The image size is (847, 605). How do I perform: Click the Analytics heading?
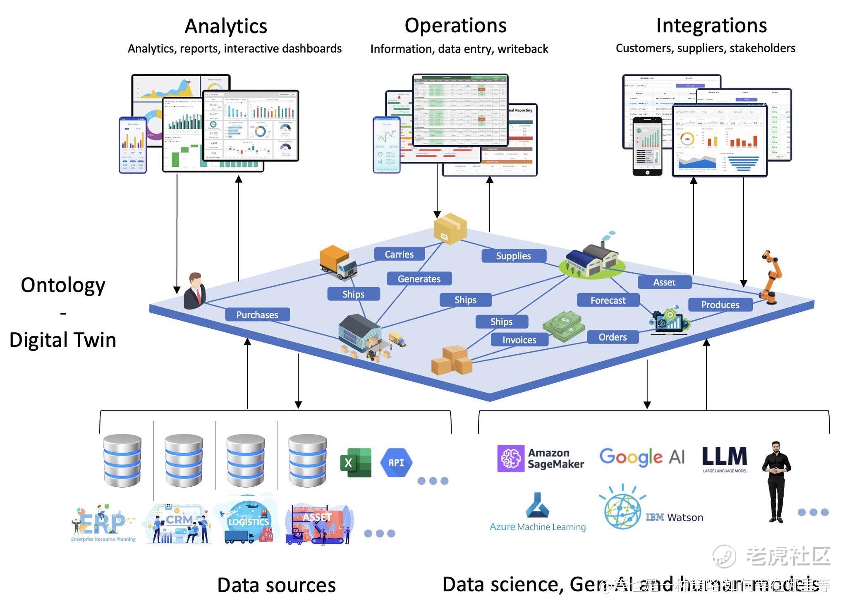coord(226,26)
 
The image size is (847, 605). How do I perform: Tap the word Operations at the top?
coord(455,26)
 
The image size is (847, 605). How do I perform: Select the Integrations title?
coord(711,26)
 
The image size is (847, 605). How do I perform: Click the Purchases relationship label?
coord(257,315)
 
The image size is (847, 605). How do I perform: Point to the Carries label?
coord(399,254)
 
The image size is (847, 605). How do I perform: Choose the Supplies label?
coord(513,256)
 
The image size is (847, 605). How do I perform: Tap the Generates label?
coord(419,279)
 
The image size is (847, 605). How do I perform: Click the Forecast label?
coord(608,300)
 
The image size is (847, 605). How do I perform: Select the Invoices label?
coord(519,340)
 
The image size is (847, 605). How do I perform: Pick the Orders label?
coord(613,337)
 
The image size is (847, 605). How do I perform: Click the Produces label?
coord(720,305)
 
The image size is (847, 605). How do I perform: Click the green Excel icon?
coord(355,462)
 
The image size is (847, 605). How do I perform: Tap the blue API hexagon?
coord(396,462)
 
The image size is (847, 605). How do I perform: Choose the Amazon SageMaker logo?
coord(541,459)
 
